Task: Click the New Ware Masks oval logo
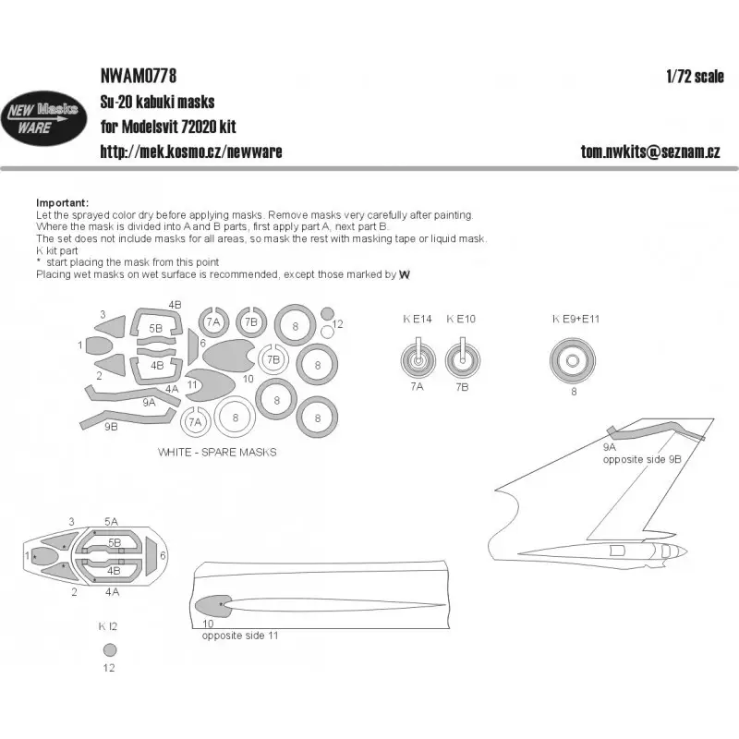[x=43, y=118]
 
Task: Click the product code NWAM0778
[x=139, y=76]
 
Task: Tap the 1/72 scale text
[x=696, y=77]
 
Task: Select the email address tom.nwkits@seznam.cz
[x=650, y=151]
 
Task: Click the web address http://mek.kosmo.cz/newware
[x=191, y=151]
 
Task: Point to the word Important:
[x=62, y=202]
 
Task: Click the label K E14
[x=418, y=319]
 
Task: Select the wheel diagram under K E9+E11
[x=573, y=360]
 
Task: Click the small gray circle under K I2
[x=110, y=650]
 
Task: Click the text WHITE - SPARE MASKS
[x=217, y=453]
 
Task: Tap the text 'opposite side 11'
[x=240, y=636]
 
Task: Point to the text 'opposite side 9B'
[x=642, y=459]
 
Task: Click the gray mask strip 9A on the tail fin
[x=655, y=429]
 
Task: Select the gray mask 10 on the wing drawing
[x=211, y=606]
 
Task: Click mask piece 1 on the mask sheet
[x=100, y=345]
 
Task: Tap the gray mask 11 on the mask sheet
[x=210, y=384]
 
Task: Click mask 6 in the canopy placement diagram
[x=151, y=556]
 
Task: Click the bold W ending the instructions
[x=405, y=274]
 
